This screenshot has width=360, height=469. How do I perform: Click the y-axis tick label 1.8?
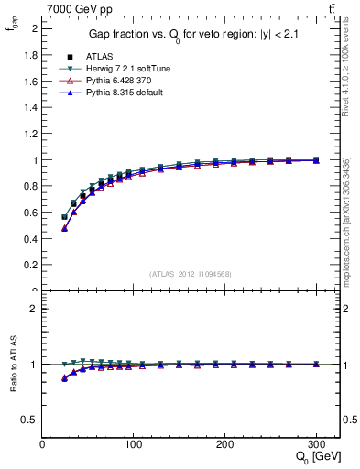pyautogui.click(x=30, y=55)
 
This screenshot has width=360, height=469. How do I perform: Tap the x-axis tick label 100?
pyautogui.click(x=134, y=445)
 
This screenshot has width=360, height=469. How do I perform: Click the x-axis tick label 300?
pyautogui.click(x=316, y=445)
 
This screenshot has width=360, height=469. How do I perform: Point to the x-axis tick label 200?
pyautogui.click(x=225, y=445)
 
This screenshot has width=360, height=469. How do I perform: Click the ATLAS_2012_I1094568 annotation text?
pyautogui.click(x=190, y=274)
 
